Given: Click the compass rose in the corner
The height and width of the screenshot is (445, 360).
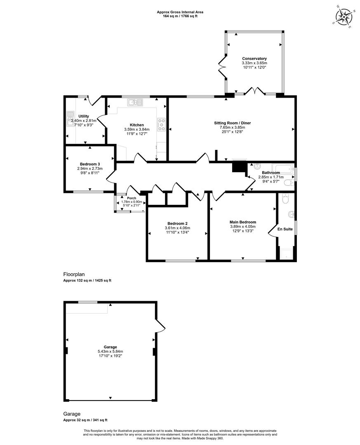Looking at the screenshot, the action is tap(344, 16).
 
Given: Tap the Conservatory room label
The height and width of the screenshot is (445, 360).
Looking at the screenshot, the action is tap(254, 59).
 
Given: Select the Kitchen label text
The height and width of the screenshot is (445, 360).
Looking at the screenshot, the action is tap(136, 125).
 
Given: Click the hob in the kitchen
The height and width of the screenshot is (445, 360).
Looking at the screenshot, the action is tap(161, 124).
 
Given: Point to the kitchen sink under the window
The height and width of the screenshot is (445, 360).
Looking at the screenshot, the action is tap(135, 102).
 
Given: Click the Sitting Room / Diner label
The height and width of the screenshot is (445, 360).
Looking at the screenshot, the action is tap(233, 123).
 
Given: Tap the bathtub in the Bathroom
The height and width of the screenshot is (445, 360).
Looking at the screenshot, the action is tap(283, 168).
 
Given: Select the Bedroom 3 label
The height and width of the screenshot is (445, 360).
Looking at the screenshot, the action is tap(90, 164).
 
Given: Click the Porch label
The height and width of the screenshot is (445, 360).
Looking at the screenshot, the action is tap(132, 198).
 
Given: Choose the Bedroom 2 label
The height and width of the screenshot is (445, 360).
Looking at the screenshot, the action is tap(177, 223).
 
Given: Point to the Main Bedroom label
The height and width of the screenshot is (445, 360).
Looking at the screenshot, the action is tap(243, 222).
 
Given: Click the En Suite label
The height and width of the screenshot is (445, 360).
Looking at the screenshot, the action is tap(285, 229).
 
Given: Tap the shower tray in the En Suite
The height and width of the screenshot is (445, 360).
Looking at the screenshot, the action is tap(286, 253).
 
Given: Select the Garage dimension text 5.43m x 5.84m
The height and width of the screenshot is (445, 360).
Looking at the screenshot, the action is tap(110, 351).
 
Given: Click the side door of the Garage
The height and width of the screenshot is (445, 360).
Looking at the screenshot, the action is tap(160, 325).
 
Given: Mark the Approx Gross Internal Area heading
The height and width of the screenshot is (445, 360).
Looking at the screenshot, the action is tap(180, 12).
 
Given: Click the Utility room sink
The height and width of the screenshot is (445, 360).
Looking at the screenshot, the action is tap(70, 119).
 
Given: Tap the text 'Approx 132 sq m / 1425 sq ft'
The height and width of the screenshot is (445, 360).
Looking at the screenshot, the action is tap(87, 281).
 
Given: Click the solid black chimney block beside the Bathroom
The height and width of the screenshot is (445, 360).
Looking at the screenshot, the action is tap(239, 166).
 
